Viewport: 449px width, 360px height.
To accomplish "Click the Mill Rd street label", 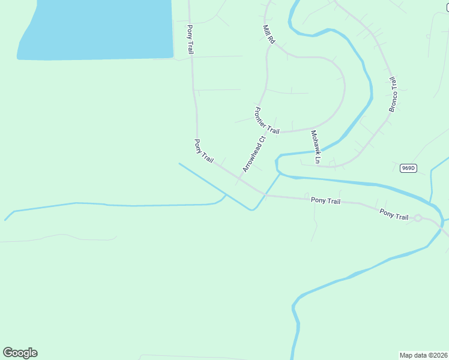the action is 268,34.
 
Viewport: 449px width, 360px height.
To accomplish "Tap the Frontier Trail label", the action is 267,121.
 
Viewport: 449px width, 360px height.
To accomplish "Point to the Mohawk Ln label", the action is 315,147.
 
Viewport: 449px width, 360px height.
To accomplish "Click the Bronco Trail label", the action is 393,95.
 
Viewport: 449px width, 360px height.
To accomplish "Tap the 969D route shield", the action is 408,168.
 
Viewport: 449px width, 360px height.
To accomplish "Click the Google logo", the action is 20,353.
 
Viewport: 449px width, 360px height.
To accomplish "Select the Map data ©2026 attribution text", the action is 423,355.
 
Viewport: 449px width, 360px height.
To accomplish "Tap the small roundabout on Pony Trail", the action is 418,218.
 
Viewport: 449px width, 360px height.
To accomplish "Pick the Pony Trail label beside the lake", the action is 190,40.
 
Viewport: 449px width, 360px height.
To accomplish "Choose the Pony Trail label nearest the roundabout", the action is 394,214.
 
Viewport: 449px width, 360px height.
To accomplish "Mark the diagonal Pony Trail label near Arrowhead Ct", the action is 204,151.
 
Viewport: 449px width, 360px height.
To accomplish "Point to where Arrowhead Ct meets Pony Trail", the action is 240,178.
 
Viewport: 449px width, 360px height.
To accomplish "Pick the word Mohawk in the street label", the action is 315,143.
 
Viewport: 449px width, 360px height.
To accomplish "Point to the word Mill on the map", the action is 266,29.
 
